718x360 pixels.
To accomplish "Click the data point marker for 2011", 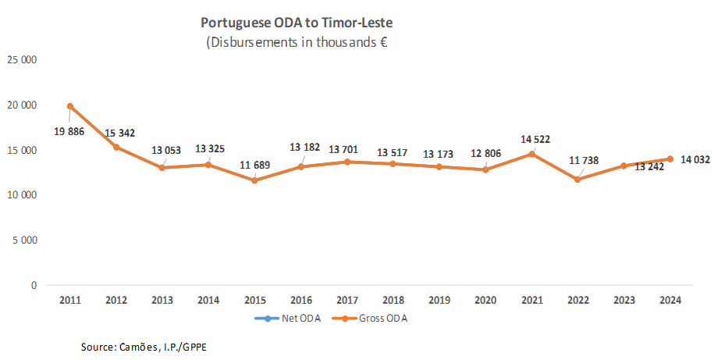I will click(70, 106).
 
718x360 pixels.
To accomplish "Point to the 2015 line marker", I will click(254, 180).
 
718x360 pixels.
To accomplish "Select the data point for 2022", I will click(577, 180).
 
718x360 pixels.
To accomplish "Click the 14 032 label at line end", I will click(695, 159).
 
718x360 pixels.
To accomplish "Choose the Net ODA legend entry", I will click(283, 319).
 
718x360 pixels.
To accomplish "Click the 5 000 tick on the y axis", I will click(25, 241).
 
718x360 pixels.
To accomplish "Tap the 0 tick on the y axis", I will click(34, 286).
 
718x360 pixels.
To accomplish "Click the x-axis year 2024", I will click(670, 301).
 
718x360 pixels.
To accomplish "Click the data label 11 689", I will click(256, 165).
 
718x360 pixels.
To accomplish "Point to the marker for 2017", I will click(347, 162).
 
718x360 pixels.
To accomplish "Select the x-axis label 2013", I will click(162, 301).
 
